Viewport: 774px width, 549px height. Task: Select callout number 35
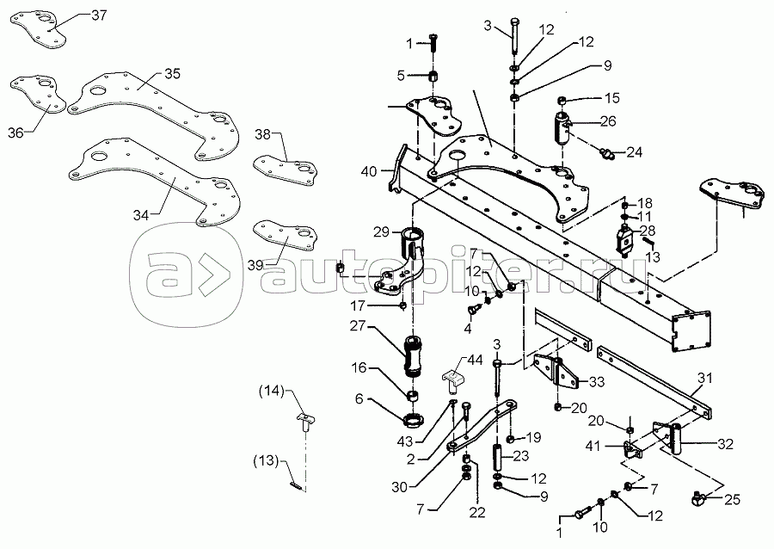point(172,74)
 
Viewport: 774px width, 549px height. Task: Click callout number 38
point(263,133)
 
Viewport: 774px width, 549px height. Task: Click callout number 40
point(369,171)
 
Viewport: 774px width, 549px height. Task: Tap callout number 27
point(357,326)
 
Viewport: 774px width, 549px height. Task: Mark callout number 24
point(634,153)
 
